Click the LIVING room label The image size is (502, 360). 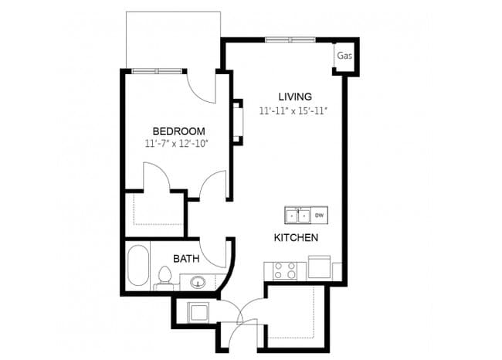coord(295,97)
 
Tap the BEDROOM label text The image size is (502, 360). coord(178,131)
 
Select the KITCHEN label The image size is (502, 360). coord(296,238)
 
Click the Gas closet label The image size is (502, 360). coord(344,56)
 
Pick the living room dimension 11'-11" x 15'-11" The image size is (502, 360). coord(294,110)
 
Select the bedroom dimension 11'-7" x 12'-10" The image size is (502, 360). coord(177,144)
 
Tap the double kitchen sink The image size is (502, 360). coord(297,215)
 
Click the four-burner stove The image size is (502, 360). coord(285,270)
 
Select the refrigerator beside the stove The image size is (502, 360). coord(319,268)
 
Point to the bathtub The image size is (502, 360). coord(138,265)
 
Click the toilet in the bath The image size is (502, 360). coord(165,277)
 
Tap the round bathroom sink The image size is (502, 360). coord(198,281)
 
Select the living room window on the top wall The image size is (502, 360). coord(290,39)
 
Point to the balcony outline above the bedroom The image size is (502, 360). coord(174,39)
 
